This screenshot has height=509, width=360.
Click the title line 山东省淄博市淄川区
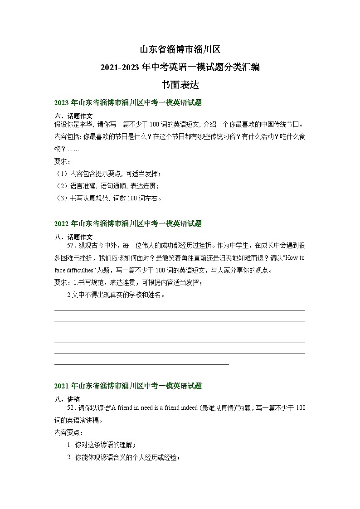(180, 49)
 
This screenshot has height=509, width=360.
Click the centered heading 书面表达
(180, 85)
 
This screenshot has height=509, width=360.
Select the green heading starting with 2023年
(127, 103)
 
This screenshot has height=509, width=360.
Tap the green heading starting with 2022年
(127, 223)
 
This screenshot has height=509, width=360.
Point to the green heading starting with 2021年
(127, 386)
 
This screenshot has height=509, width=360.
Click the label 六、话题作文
(73, 116)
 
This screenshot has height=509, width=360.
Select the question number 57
(71, 245)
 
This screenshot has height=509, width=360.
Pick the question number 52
(71, 408)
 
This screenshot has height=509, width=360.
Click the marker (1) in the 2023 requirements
(61, 174)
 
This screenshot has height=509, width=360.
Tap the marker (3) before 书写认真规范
(61, 198)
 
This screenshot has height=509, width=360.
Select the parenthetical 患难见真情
(220, 408)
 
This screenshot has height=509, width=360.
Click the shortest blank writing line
(141, 364)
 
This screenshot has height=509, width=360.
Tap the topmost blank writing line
(180, 310)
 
